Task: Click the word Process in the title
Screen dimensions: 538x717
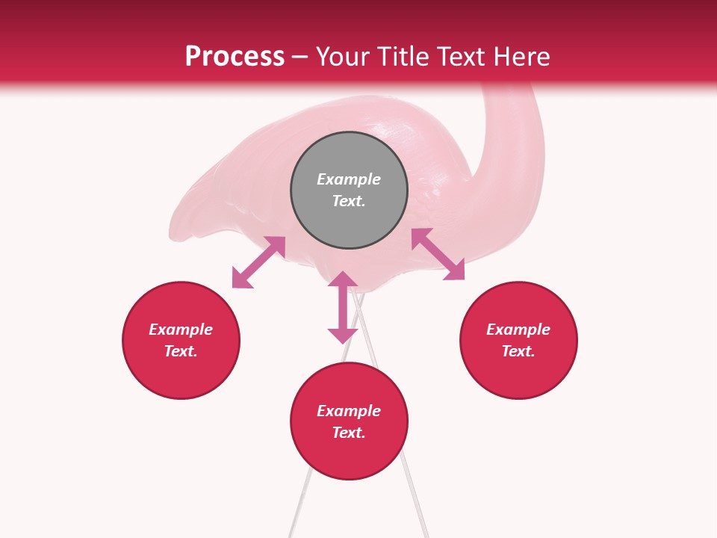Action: coord(235,57)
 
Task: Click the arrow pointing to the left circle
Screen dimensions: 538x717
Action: coord(258,262)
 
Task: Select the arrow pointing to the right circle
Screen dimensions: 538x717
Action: coord(438,254)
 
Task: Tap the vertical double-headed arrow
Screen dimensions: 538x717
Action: coord(343,307)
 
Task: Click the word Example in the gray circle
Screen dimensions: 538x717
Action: coord(349,179)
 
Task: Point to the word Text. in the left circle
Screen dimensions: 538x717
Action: coord(181,351)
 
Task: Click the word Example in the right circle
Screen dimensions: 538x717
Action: coord(518,330)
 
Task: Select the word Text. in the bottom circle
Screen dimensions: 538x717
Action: coord(349,433)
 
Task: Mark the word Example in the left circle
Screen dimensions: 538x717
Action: coord(181,330)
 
